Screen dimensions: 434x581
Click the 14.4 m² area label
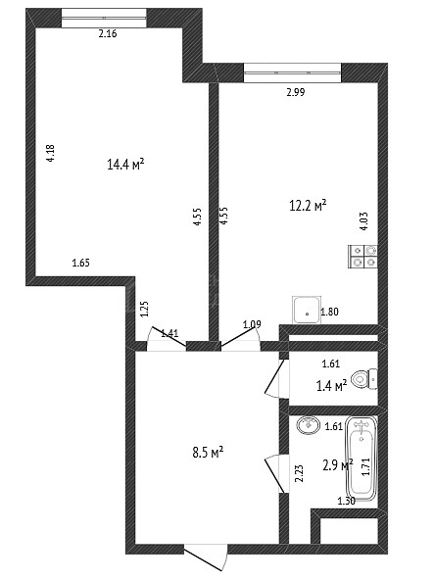coord(125,164)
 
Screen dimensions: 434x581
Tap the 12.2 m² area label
coord(308,206)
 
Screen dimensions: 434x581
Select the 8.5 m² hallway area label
coord(208,453)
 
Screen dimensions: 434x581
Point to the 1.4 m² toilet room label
coord(332,386)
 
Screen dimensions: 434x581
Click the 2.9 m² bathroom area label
coord(338,464)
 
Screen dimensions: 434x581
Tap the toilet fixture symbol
coord(363,379)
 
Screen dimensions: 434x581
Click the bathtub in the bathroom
coord(362,459)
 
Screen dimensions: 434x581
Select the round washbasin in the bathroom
coord(308,424)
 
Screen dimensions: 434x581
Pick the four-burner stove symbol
coord(362,257)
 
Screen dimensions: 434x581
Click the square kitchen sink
coord(306,310)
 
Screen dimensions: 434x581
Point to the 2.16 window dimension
coord(108,33)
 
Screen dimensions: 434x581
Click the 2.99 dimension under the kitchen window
coord(296,92)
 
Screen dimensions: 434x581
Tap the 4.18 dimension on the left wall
coord(50,153)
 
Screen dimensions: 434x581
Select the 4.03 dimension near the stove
coord(363,221)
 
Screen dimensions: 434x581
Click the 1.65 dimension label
coord(80,264)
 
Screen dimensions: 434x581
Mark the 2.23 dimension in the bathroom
coord(299,473)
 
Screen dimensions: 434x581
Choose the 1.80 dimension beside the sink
coord(329,312)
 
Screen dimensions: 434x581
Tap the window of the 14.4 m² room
coord(104,19)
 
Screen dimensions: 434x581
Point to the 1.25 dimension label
coord(144,309)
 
